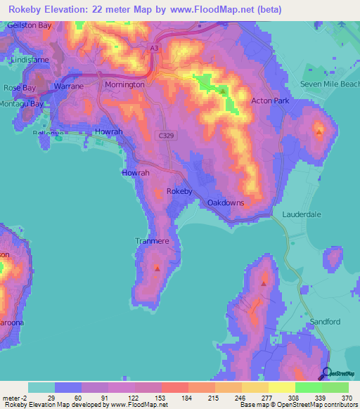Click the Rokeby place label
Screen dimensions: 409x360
(179, 191)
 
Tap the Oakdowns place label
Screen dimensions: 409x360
(226, 202)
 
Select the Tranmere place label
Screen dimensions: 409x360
(152, 241)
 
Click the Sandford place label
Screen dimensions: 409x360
(323, 321)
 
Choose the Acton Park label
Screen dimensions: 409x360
(270, 101)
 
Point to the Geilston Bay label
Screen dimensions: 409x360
(30, 25)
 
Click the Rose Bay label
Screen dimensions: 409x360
(19, 88)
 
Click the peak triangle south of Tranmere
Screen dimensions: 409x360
(157, 268)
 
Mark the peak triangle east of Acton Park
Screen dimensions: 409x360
(319, 131)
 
